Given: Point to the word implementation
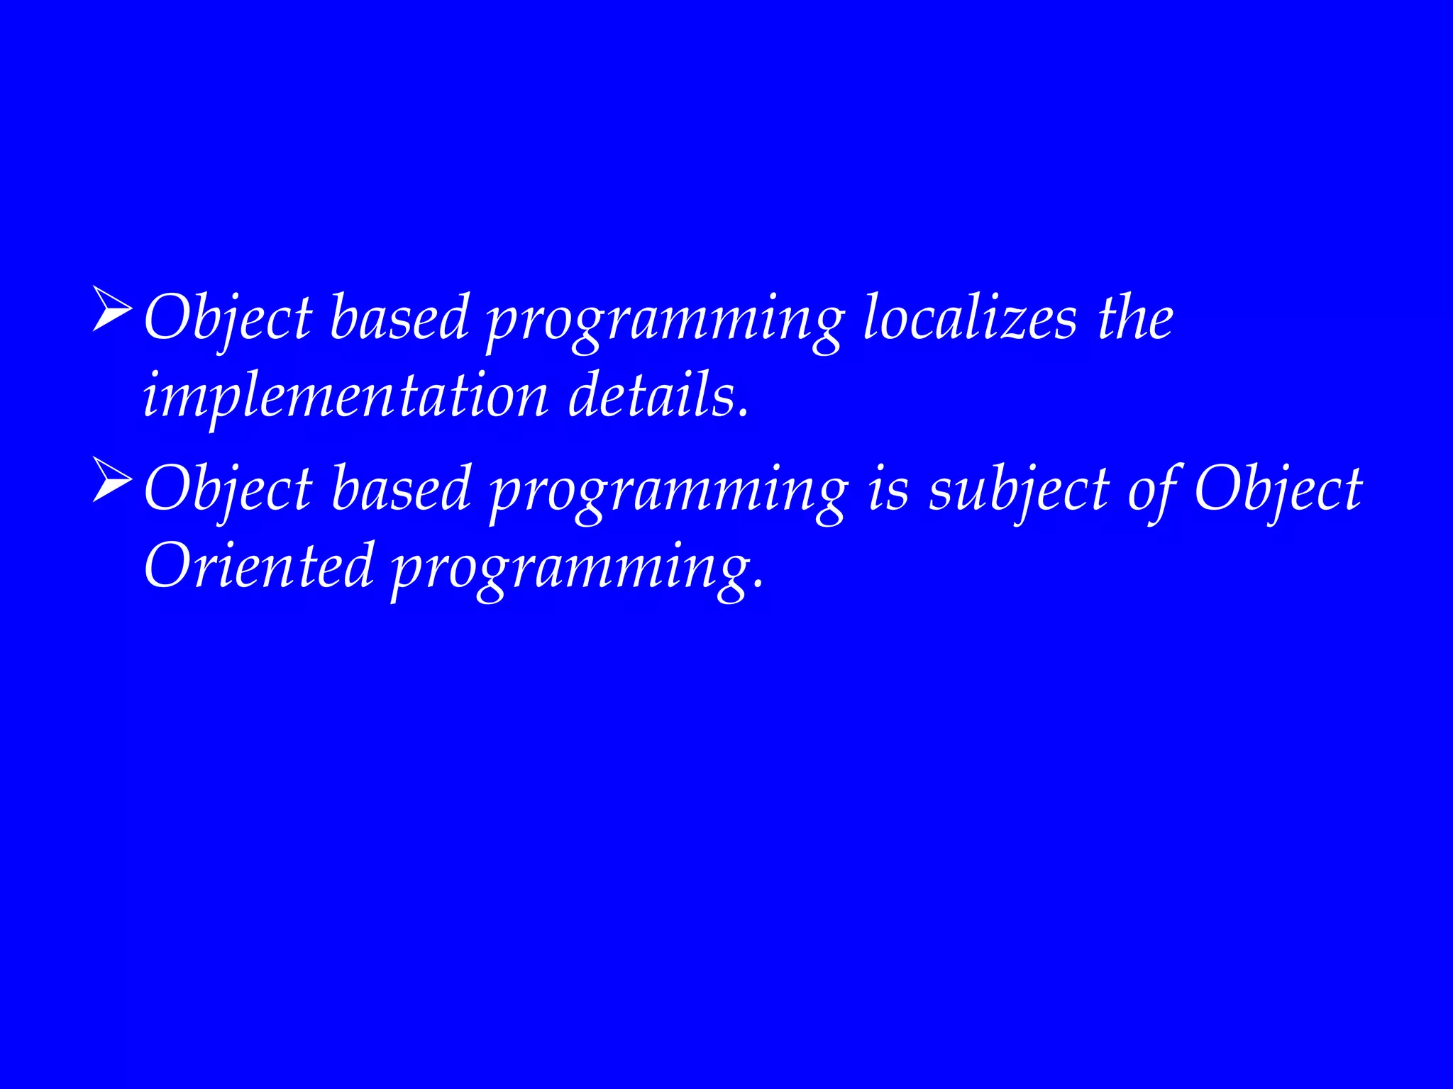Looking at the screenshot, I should pos(346,396).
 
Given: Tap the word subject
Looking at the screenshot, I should pos(1019,491).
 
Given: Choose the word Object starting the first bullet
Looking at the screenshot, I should pos(228,318).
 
